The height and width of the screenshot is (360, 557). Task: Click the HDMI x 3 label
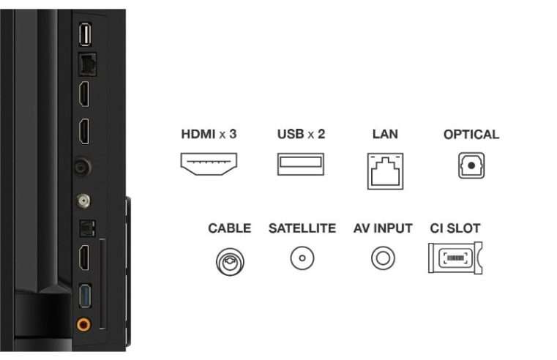[x=209, y=134]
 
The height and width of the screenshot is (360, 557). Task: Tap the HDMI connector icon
[x=209, y=164]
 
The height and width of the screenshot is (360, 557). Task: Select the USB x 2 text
[x=301, y=134]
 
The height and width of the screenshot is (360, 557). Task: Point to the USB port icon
[x=301, y=164]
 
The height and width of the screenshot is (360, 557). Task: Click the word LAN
[x=385, y=134]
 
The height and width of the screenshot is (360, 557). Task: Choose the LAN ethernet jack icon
[x=386, y=171]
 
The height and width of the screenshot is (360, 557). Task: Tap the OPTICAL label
[x=471, y=135]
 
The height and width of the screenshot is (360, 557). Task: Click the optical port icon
[x=471, y=165]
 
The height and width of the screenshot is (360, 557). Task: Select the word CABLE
[x=230, y=228]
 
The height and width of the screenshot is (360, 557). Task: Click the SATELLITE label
[x=302, y=228]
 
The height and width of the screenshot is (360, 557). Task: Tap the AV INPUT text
[x=383, y=228]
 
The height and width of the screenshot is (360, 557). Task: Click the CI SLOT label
[x=455, y=228]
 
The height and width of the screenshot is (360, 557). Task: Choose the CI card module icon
[x=455, y=258]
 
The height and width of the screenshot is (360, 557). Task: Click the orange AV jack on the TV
[x=83, y=324]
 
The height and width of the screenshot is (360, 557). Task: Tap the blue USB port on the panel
[x=85, y=296]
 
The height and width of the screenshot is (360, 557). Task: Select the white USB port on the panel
[x=85, y=34]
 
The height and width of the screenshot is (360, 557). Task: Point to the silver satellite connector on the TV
[x=83, y=201]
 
